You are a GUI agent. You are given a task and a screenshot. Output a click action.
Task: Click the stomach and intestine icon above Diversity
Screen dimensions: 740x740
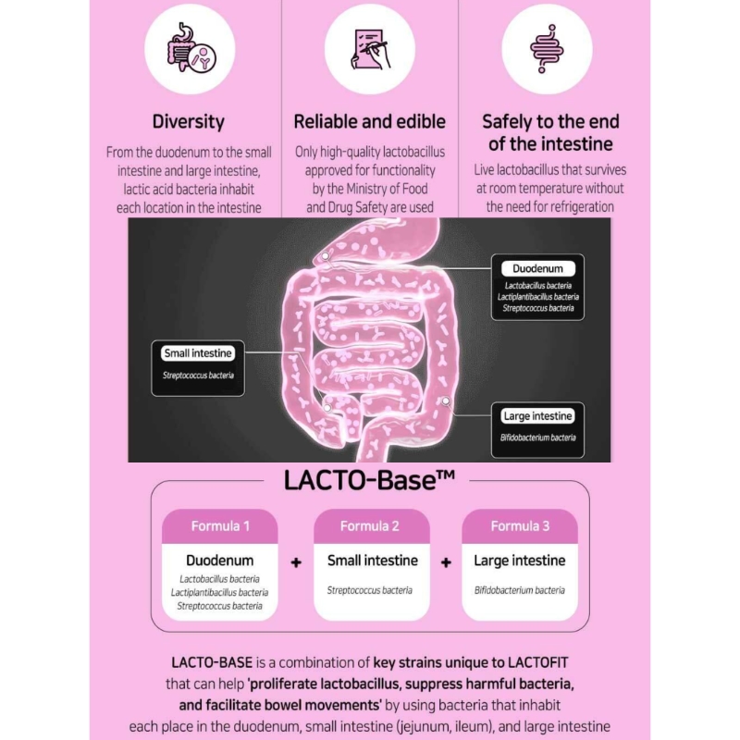[x=191, y=48]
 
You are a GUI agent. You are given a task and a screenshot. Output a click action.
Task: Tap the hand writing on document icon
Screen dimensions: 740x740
[x=370, y=49]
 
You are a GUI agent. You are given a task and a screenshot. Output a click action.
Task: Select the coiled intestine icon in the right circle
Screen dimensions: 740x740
[x=547, y=49]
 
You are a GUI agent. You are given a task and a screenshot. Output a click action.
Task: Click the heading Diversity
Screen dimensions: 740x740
[x=189, y=122]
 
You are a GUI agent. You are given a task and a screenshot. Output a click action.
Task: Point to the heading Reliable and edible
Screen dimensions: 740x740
[x=369, y=122]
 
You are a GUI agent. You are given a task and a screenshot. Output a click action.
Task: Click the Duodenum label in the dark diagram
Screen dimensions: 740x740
[x=538, y=268]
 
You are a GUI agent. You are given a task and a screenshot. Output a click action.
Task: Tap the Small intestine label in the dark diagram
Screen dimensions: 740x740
[x=198, y=353]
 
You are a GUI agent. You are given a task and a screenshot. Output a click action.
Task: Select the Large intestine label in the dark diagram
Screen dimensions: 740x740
[x=538, y=415]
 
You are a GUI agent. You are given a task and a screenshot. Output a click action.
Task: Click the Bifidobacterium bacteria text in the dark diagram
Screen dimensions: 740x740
[x=538, y=438]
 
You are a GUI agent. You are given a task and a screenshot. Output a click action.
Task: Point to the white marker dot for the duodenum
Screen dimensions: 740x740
[x=326, y=256]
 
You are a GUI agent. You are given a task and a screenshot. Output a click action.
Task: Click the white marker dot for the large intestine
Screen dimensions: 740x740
[x=446, y=401]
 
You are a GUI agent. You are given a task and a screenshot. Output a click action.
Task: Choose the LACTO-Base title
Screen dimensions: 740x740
[x=369, y=480]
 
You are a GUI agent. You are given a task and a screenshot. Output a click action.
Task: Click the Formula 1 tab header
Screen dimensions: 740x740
[x=220, y=526]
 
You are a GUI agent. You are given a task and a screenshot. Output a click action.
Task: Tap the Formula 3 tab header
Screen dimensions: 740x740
[x=520, y=526]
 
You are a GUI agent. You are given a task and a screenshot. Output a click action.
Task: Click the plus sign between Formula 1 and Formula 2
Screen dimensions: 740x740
[x=296, y=562]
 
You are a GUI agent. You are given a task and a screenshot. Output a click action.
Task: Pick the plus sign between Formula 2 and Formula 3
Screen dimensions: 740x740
[x=446, y=562]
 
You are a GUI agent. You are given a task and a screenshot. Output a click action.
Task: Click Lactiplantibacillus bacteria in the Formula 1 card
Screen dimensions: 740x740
[x=219, y=592]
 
